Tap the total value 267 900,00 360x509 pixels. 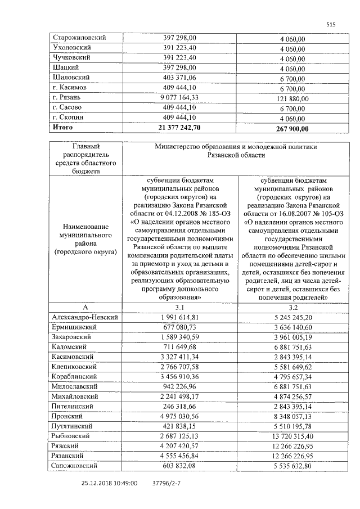point(292,129)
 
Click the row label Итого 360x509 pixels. point(63,128)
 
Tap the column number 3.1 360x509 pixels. point(180,307)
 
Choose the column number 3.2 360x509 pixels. point(293,307)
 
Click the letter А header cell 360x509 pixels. point(85,307)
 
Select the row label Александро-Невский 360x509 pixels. point(85,317)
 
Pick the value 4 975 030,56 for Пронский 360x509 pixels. point(180,417)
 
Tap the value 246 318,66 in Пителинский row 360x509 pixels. point(180,407)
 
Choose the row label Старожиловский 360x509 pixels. point(80,37)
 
